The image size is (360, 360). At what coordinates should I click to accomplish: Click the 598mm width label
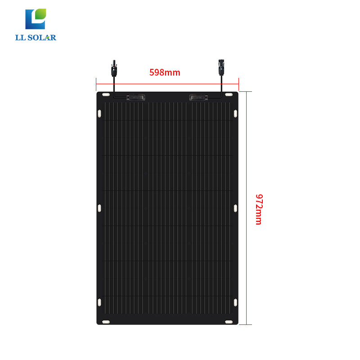[x=165, y=72]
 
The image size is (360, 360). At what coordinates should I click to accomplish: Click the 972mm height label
[x=259, y=209]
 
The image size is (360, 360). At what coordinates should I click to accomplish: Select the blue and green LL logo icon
[x=36, y=19]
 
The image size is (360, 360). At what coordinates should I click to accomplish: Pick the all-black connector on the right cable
[x=221, y=67]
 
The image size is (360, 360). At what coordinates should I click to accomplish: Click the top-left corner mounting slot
[x=105, y=95]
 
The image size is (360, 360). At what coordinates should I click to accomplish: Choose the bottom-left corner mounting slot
[x=105, y=321]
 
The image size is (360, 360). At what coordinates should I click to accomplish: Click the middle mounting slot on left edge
[x=99, y=207]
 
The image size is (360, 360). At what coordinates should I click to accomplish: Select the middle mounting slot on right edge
[x=235, y=207]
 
